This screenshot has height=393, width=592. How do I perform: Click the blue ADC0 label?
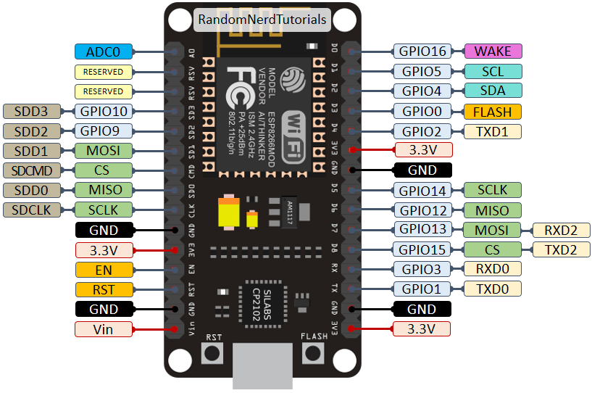coord(103,51)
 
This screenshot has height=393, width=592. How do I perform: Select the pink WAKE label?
coord(492,51)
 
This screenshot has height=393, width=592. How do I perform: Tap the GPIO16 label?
coord(421,51)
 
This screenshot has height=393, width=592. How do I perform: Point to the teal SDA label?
coord(492,91)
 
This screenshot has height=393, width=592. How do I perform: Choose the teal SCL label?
coord(492,72)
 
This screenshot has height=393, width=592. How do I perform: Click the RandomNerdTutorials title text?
coord(262,20)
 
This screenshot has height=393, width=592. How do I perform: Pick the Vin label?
coord(103,329)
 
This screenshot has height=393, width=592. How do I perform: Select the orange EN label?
coord(103,270)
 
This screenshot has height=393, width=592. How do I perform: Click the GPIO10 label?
coord(103,111)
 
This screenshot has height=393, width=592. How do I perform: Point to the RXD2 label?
coord(562,231)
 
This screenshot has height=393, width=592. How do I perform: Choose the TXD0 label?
coord(492,289)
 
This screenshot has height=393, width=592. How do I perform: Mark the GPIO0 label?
coord(421,111)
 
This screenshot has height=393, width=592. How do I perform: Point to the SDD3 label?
coord(32,111)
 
